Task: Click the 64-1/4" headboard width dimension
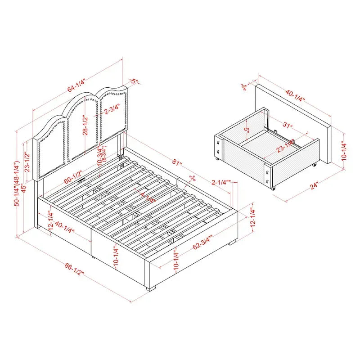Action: (x=76, y=84)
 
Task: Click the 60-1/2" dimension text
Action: (x=72, y=176)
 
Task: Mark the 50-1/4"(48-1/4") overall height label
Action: (x=17, y=184)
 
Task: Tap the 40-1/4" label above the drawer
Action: (x=295, y=95)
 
